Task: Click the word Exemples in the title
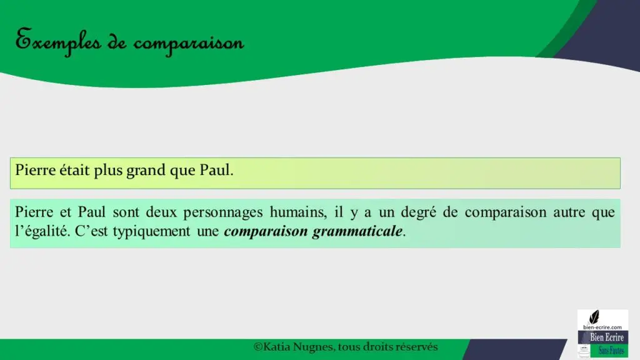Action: point(58,41)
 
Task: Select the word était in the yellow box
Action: point(74,169)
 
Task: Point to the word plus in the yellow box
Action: point(107,171)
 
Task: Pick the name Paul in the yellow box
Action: point(216,170)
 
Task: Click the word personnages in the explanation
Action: point(223,212)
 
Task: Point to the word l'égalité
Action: point(42,231)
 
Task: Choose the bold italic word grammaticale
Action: point(357,232)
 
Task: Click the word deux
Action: point(161,212)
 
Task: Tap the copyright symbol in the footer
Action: point(258,347)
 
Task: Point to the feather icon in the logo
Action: point(594,317)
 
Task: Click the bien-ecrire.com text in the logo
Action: point(602,327)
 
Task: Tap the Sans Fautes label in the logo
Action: point(611,351)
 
